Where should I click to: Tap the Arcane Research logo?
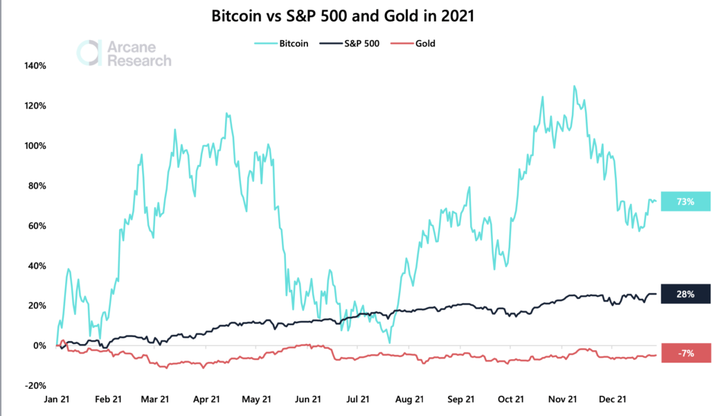coord(125,53)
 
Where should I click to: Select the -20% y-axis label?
coord(35,385)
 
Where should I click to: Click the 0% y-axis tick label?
coord(39,346)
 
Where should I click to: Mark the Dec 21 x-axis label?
coord(613,399)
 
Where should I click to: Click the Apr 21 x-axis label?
coord(206,399)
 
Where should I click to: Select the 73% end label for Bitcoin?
coord(685,201)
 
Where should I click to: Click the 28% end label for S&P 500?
coord(685,294)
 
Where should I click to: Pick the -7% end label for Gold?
coord(685,353)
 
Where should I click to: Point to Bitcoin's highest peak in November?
coord(574,87)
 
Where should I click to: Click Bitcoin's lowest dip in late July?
coord(390,343)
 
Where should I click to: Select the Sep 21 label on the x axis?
coord(460,399)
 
